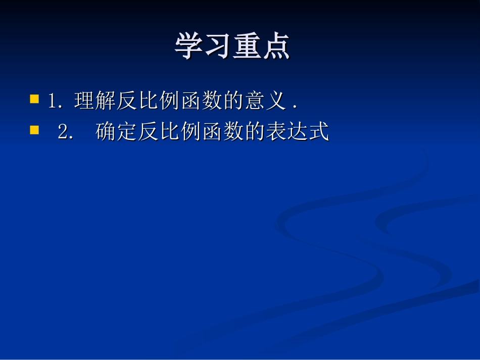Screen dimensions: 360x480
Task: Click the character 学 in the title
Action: [x=189, y=47]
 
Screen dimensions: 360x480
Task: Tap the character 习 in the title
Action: [x=218, y=47]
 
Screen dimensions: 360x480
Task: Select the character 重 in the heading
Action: [x=247, y=47]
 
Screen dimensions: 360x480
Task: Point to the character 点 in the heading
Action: [x=276, y=47]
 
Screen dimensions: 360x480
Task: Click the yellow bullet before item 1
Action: [x=34, y=98]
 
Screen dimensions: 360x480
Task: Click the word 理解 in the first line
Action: [x=94, y=101]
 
